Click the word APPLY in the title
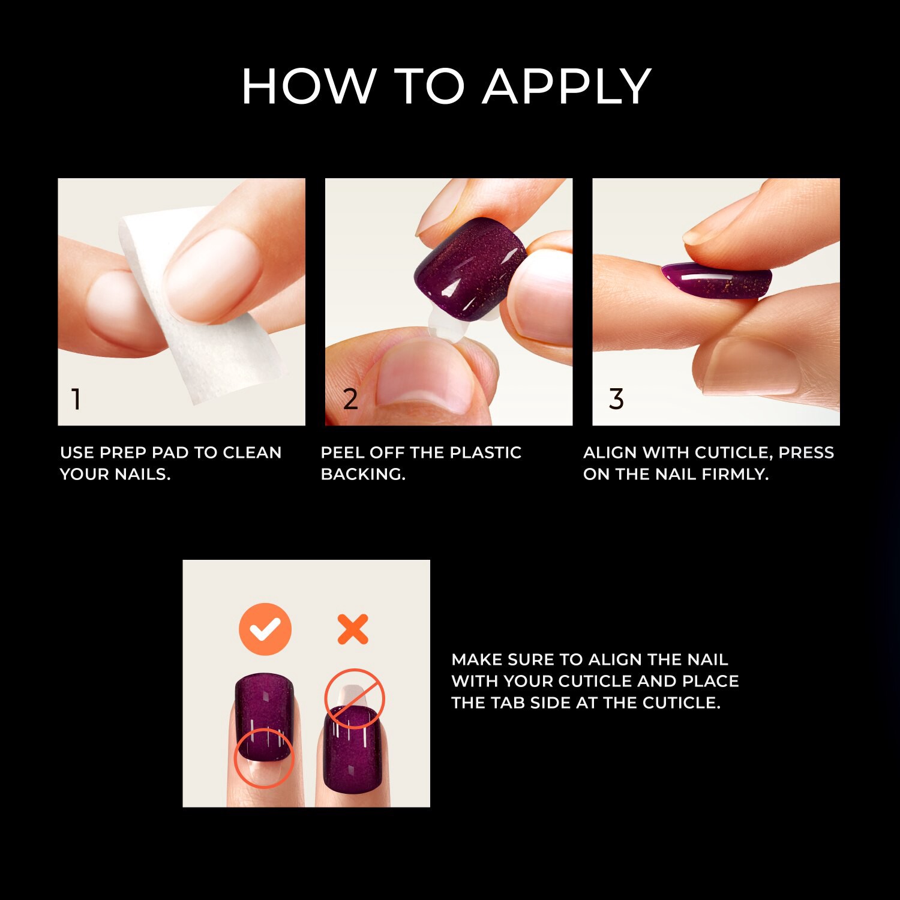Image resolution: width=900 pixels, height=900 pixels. tap(566, 86)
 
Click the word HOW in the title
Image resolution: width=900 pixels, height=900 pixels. tap(308, 86)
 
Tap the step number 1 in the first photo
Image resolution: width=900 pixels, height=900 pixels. tap(76, 399)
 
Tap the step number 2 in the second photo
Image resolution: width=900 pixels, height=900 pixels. tap(350, 399)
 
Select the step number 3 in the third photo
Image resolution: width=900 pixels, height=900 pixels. tap(616, 399)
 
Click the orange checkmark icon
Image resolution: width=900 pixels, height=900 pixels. tap(265, 629)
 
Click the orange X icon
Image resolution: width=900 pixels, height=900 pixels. tap(352, 629)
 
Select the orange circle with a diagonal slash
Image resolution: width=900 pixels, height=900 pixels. tap(354, 698)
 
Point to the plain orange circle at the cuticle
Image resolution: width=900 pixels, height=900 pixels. tap(263, 757)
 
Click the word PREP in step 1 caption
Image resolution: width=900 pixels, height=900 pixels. tap(123, 452)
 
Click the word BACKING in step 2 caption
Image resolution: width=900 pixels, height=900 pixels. tap(362, 474)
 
